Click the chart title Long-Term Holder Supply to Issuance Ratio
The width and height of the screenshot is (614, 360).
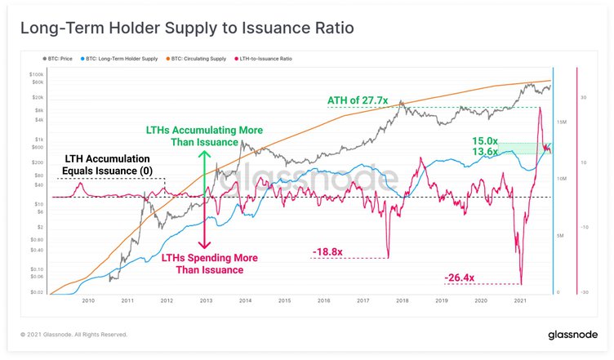click(188, 29)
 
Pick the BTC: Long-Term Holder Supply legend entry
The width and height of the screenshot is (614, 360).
click(122, 60)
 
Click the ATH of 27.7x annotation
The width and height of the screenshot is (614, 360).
click(358, 100)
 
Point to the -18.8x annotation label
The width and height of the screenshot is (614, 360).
click(328, 252)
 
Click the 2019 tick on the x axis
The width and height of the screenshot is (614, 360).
click(442, 300)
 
